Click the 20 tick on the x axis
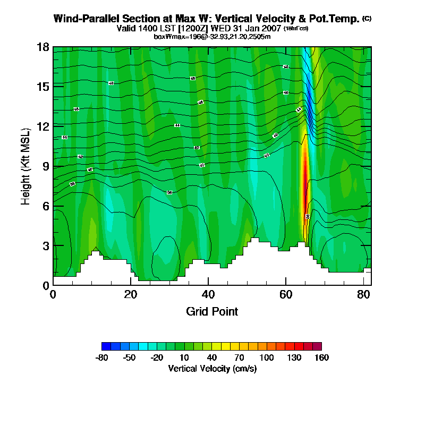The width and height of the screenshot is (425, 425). [x=131, y=294]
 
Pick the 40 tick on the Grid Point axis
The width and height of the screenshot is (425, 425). [x=208, y=294]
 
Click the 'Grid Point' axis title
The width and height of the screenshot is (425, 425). [x=212, y=311]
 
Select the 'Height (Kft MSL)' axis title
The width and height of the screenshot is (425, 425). [x=25, y=166]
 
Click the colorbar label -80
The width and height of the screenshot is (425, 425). [x=101, y=358]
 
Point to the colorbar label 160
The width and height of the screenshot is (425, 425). [x=321, y=358]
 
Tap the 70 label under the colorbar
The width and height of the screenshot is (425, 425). [x=239, y=358]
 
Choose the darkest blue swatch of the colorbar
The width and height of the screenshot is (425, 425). [x=106, y=346]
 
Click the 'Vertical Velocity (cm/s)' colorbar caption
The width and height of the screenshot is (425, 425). [x=212, y=368]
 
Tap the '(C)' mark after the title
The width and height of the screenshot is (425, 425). [x=367, y=19]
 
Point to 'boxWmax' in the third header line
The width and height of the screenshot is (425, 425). [x=166, y=36]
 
